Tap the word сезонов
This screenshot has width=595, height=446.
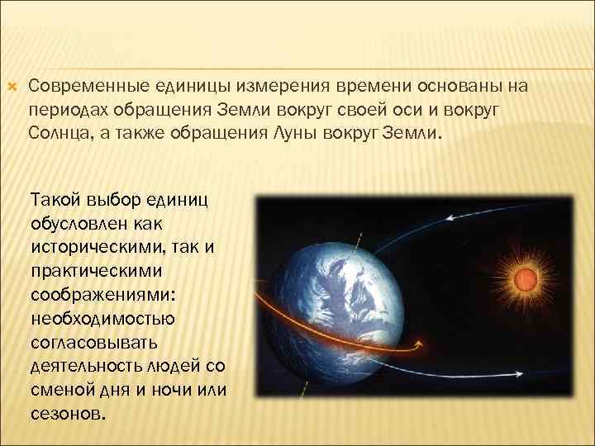click(x=67, y=414)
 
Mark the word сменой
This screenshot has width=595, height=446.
click(x=60, y=390)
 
